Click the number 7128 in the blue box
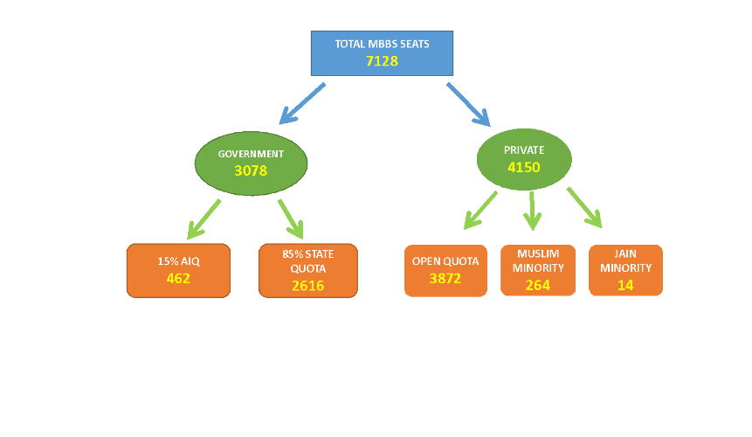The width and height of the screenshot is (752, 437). coord(382,61)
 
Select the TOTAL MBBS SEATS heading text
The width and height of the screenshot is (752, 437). coord(382,43)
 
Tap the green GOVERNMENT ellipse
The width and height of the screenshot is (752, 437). coord(251,162)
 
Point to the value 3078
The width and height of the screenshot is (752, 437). coord(251,170)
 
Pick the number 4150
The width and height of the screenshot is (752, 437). coord(524,165)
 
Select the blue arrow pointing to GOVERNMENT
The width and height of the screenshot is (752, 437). coord(301,103)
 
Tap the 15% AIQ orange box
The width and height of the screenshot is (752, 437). coord(178,271)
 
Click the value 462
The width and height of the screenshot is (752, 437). coord(178,280)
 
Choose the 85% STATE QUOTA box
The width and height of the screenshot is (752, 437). coord(307,270)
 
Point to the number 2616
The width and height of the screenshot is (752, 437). coord(307,286)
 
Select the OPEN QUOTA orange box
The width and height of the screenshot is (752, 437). coord(445,270)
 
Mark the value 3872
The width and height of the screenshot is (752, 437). coord(445,279)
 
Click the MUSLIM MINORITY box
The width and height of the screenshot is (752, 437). coord(538,270)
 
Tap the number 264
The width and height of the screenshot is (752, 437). coord(538,285)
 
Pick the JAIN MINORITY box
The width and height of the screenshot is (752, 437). coord(625,270)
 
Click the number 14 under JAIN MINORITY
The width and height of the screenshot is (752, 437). coord(625,285)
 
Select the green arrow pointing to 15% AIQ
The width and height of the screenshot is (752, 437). coord(204,218)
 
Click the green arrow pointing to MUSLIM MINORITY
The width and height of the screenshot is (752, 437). coord(533,212)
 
